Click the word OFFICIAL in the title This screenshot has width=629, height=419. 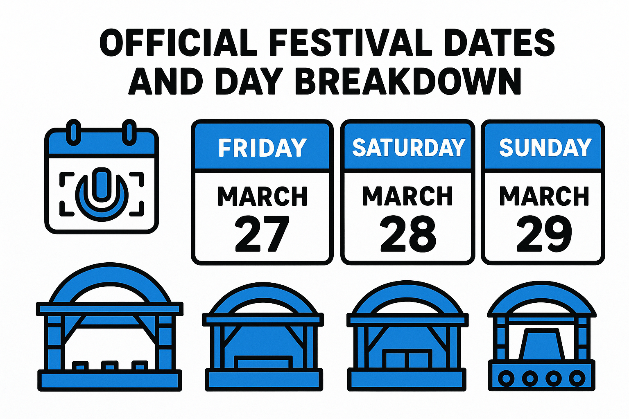pos(179,43)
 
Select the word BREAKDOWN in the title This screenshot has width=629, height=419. pos(408,81)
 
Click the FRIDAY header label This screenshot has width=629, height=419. pos(262,147)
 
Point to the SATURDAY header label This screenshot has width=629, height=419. pos(408,147)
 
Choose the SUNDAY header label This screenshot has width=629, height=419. pos(545,147)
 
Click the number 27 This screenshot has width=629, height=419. pos(262,234)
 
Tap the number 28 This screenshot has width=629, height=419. pos(408,234)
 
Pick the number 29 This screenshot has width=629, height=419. pos(544,234)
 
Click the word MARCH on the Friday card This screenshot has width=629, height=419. pos(262,196)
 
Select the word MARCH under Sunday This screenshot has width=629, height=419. pos(544,196)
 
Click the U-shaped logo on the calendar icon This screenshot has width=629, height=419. pos(102,192)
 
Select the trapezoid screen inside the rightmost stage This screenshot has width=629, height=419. pos(541,344)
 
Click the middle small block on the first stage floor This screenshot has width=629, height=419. pos(109,365)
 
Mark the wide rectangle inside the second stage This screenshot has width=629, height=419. pos(263,362)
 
